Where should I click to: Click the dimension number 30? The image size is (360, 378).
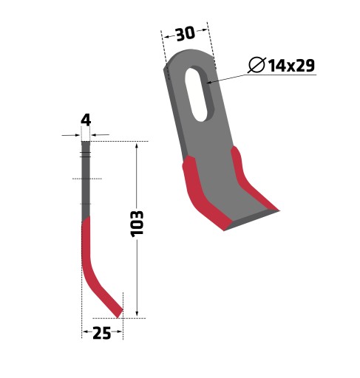coord(186,34)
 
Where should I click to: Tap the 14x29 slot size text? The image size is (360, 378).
coord(291,66)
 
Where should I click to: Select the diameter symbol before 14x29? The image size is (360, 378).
coord(257,65)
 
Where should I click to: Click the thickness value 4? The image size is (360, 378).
coord(86,120)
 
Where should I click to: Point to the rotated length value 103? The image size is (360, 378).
coord(137,224)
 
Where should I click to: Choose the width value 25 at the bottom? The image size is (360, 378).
coord(102,333)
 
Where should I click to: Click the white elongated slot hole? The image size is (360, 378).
coord(197,94)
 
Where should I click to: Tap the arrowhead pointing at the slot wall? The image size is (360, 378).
coord(209,83)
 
